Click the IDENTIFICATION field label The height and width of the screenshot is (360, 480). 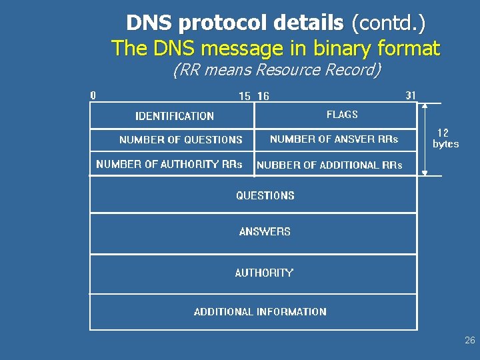175,116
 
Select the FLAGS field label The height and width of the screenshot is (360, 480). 342,115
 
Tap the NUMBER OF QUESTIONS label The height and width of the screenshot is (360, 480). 181,140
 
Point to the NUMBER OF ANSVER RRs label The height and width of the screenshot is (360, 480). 334,139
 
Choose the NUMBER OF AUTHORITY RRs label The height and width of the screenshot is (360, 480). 169,164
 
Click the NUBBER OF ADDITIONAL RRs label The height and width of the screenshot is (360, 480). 329,165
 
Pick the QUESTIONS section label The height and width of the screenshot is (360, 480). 265,195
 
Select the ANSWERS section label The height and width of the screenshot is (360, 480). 265,232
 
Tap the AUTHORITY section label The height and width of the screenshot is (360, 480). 264,273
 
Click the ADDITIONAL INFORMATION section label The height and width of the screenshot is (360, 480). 260,311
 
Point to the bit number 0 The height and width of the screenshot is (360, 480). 93,95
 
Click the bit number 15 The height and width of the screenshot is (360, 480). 245,96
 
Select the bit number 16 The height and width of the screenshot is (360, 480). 263,96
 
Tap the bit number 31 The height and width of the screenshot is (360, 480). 411,95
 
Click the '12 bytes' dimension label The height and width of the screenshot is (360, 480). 445,139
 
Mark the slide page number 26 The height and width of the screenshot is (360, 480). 470,341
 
